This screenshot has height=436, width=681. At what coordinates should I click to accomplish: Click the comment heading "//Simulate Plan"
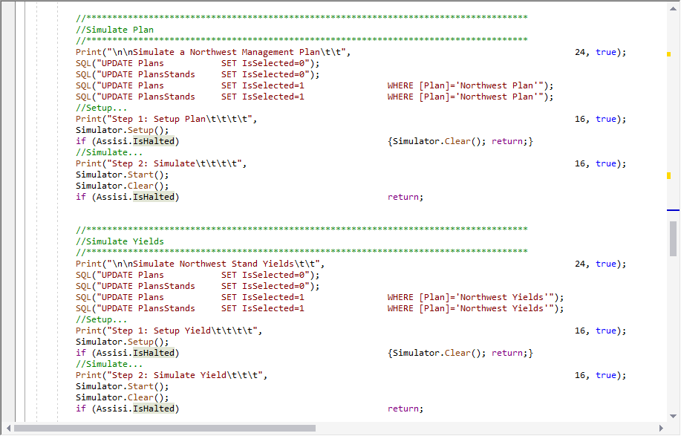114,30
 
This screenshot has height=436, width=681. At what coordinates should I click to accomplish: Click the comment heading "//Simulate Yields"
120,241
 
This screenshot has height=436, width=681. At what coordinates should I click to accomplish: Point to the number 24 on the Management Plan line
580,52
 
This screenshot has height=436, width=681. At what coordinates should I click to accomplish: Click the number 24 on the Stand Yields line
580,264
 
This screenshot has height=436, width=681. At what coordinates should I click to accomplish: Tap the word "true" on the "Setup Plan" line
606,119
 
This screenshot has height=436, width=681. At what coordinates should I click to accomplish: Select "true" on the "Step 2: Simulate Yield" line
606,375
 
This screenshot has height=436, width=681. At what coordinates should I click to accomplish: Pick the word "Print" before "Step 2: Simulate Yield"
88,375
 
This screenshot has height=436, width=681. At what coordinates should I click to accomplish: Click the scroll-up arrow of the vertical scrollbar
673,8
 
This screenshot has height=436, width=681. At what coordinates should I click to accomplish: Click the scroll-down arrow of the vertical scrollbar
673,416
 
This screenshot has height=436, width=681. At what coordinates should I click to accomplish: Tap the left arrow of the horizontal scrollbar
8,428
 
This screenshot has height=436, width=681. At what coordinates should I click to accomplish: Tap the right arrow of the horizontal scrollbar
661,428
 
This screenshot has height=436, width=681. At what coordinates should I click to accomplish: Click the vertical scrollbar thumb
673,238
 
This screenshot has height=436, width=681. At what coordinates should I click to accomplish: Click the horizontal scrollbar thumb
165,428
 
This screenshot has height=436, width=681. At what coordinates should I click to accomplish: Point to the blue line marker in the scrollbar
673,210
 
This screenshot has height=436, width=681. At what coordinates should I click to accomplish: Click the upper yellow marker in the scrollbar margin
669,54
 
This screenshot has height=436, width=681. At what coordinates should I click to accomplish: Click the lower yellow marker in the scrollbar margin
669,175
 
